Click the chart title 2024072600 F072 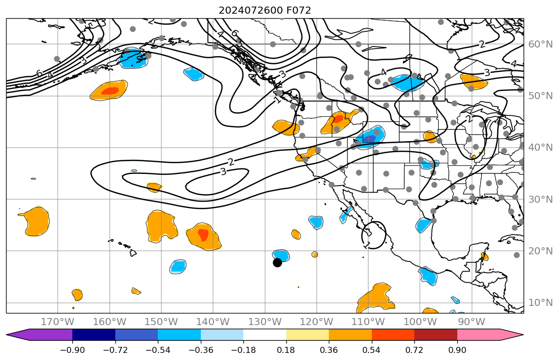pos(265,10)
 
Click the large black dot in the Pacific pos(277,262)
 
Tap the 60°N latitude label pos(540,44)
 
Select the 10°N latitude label pos(540,303)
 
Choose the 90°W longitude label pos(471,322)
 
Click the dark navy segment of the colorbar pos(94,335)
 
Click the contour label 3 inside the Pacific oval pos(223,172)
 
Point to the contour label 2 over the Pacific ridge pos(231,162)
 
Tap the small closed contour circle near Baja pos(374,235)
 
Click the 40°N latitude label pos(540,148)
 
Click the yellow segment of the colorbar pos(308,335)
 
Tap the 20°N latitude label pos(540,251)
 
